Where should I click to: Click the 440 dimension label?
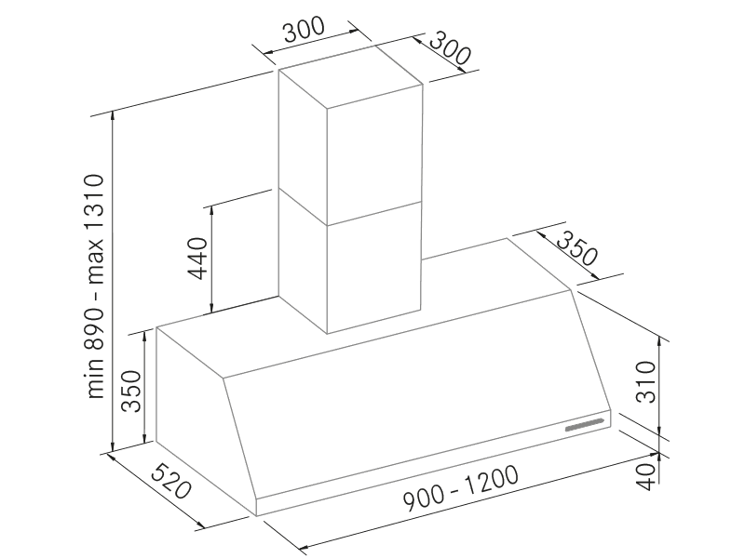tap(197, 259)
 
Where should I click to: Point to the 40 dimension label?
tap(646, 474)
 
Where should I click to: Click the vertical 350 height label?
tap(132, 391)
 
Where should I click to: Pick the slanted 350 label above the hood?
tap(576, 249)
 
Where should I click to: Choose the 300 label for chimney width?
tap(305, 30)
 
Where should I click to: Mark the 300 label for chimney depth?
tap(450, 48)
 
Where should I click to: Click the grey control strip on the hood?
tap(585, 425)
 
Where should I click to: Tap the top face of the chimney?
tap(351, 76)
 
